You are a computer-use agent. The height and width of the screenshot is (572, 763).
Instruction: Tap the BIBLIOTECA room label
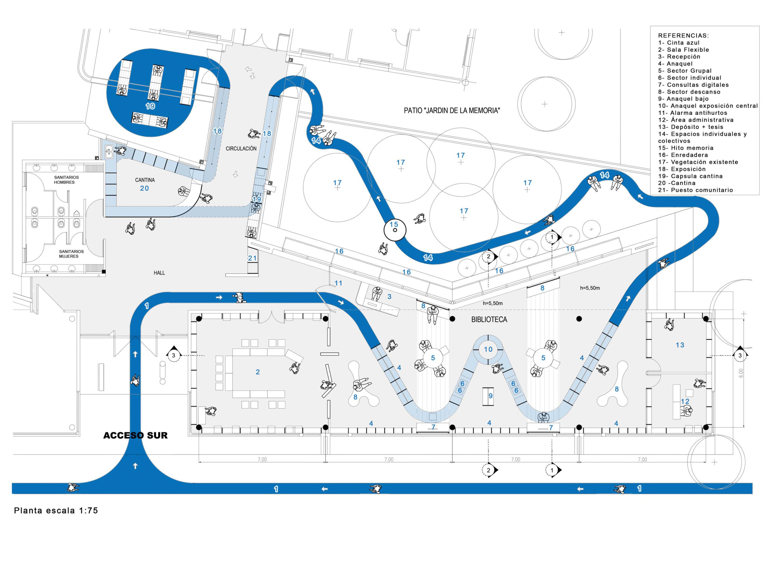click(489, 320)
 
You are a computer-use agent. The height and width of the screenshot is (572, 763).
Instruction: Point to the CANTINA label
click(145, 180)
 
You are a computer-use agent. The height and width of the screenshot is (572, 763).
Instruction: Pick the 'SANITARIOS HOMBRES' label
click(66, 180)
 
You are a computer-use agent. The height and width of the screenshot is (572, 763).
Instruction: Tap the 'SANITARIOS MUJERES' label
click(71, 254)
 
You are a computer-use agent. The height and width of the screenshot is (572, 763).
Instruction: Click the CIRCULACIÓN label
click(241, 149)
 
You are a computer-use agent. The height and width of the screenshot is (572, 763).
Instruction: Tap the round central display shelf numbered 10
click(488, 349)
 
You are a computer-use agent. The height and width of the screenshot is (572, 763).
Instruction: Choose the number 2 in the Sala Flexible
click(258, 372)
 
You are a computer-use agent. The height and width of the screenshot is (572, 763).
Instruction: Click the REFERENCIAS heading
click(683, 36)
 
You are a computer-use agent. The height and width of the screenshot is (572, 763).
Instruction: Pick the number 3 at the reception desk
click(389, 297)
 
